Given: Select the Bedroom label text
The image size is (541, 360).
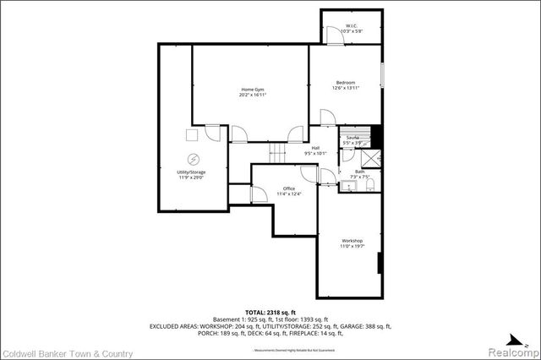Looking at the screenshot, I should (x=346, y=85).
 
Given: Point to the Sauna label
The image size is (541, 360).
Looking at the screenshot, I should (x=352, y=139).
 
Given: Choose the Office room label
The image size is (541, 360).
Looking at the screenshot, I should (x=288, y=191).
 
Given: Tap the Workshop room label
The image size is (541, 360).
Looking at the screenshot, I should (x=352, y=243).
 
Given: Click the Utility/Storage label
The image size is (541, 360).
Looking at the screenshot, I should (x=191, y=175).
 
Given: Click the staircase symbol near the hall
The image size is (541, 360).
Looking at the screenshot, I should (x=277, y=153).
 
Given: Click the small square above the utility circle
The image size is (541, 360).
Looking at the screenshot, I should (x=192, y=134).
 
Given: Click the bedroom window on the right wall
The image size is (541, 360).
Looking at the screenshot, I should (x=382, y=74).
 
